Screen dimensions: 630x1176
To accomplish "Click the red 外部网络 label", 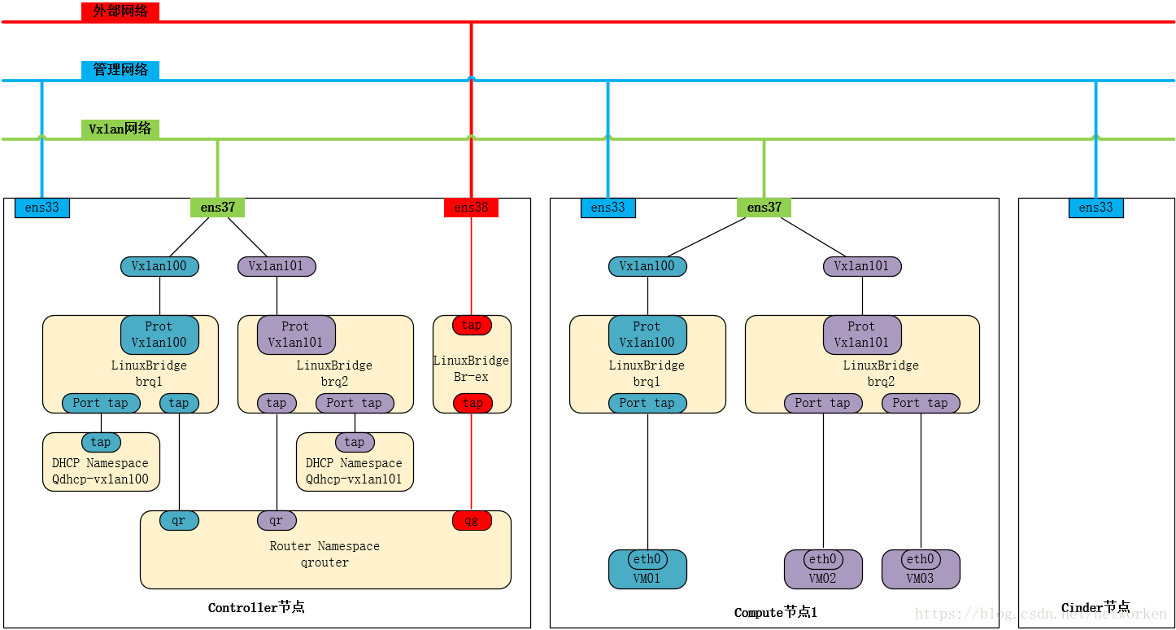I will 120,11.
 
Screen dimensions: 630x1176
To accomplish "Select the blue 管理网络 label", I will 120,70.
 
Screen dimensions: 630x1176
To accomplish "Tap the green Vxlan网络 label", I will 120,129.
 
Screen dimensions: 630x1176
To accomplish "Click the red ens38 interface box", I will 471,208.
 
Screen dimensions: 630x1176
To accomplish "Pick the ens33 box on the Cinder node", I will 1095,208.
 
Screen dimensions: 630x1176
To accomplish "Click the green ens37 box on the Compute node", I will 764,208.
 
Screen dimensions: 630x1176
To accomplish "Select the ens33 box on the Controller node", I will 42,208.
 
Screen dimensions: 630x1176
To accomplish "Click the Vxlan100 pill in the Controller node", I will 159,266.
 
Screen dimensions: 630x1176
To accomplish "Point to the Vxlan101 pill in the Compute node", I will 862,266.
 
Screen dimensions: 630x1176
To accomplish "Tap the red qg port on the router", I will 472,520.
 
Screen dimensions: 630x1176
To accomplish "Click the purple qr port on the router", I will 277,520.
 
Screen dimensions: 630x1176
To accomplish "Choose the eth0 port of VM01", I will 647,559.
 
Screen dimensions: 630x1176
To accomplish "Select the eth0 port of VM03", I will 921,559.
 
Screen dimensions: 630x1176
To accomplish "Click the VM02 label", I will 822,578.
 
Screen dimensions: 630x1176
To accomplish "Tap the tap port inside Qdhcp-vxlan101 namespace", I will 355,442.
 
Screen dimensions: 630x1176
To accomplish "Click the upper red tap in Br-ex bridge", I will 472,325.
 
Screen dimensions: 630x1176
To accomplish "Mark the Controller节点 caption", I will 256,608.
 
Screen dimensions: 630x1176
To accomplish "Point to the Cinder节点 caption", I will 1095,608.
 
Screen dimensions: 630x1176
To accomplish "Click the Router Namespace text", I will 324,546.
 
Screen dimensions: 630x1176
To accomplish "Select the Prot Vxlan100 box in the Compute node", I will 647,335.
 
